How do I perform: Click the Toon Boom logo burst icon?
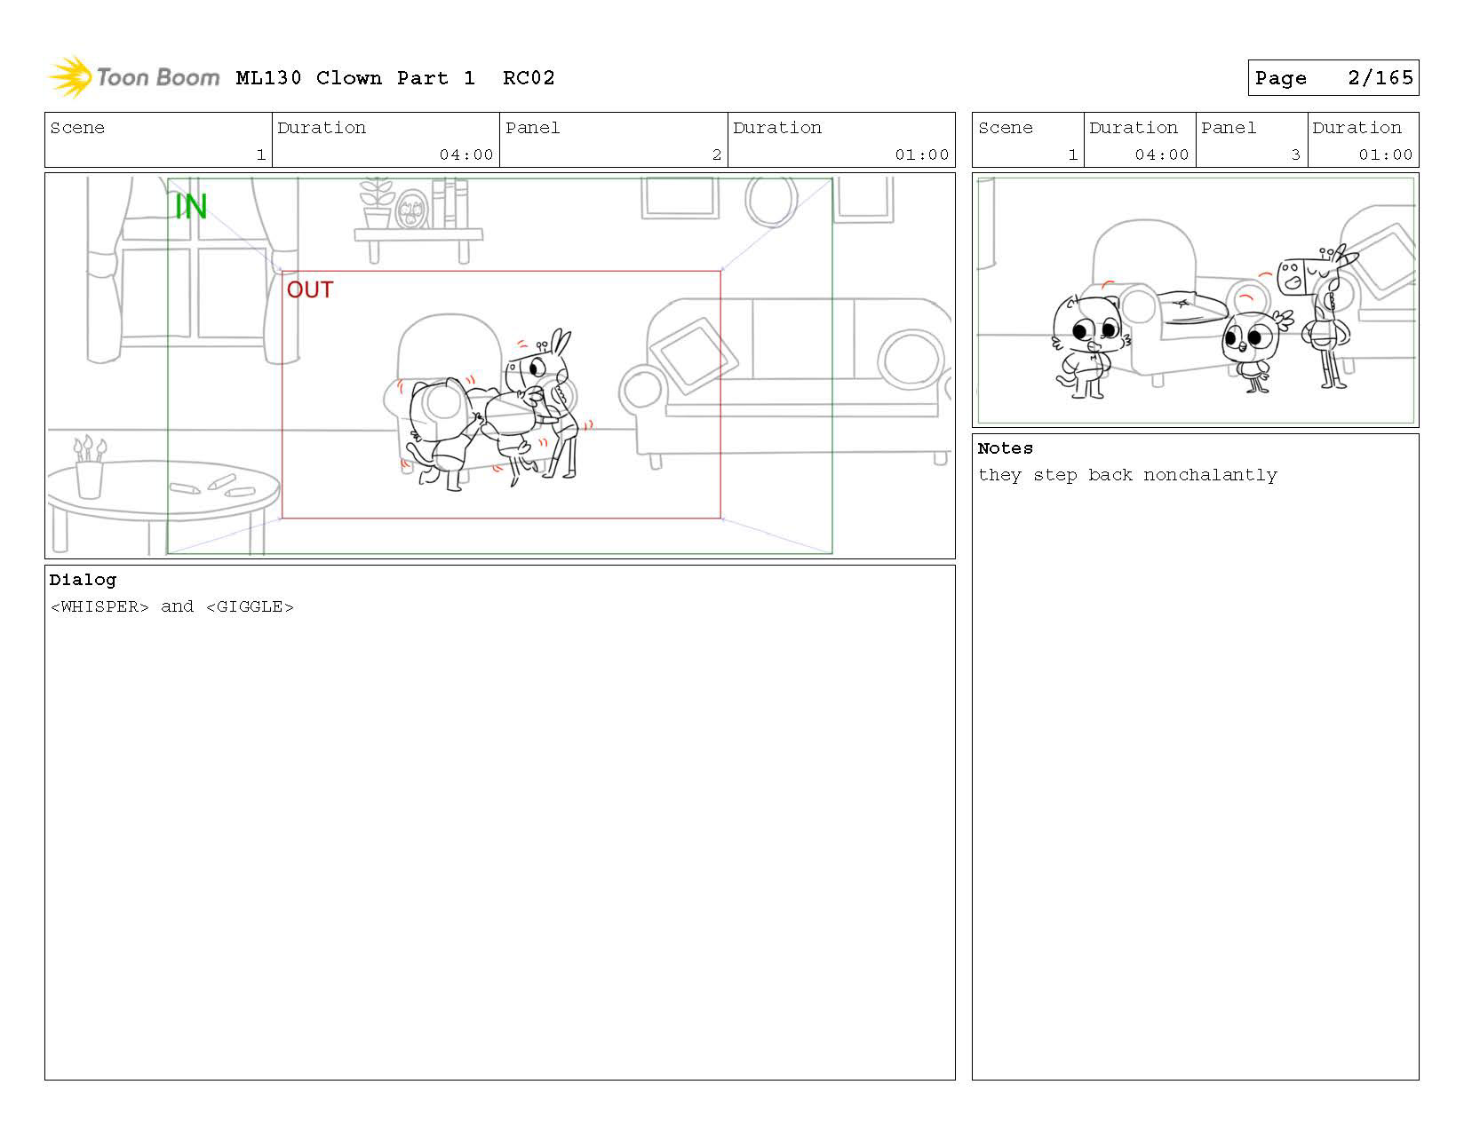pyautogui.click(x=71, y=76)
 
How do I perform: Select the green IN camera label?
pyautogui.click(x=191, y=206)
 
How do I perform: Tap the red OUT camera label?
pyautogui.click(x=310, y=289)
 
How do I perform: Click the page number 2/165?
pyautogui.click(x=1380, y=78)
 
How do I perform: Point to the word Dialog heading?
pyautogui.click(x=83, y=580)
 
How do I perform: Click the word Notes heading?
pyautogui.click(x=1005, y=447)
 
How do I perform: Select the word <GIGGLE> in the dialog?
pyautogui.click(x=250, y=606)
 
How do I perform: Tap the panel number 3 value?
pyautogui.click(x=1295, y=154)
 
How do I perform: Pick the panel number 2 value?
pyautogui.click(x=717, y=154)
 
